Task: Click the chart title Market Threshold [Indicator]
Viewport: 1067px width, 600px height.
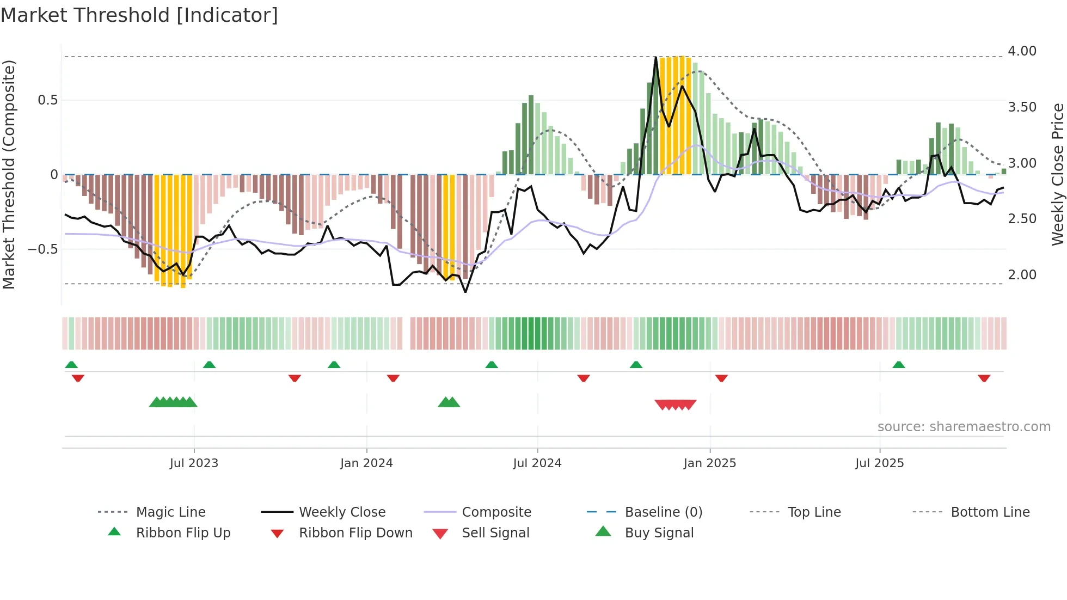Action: (x=139, y=15)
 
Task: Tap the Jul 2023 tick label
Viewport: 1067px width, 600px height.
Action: (x=194, y=463)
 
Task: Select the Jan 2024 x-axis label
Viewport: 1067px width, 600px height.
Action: (x=366, y=463)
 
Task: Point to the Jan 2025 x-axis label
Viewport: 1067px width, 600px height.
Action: (x=709, y=463)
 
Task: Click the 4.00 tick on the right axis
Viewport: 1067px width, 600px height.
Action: (x=1022, y=51)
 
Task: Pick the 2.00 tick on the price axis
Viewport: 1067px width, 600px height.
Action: (x=1022, y=275)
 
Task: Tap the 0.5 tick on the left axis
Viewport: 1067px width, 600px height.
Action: (x=47, y=100)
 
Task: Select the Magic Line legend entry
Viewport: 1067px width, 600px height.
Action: (x=170, y=512)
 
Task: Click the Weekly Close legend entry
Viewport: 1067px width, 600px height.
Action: (x=342, y=512)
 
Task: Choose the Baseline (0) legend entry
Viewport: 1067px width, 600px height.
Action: (x=663, y=512)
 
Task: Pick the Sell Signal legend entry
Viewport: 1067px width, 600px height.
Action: (x=495, y=533)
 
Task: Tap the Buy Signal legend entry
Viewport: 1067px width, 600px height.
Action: (x=659, y=533)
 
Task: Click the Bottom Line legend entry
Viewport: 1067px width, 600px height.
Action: (x=990, y=512)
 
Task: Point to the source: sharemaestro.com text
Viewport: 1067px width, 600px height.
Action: (x=964, y=427)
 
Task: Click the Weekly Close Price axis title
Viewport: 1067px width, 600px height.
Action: (x=1057, y=174)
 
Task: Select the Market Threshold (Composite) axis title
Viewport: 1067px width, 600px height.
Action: (x=9, y=174)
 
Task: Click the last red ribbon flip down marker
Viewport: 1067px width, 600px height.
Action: (x=984, y=378)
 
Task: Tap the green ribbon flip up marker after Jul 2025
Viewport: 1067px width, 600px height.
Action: (x=899, y=365)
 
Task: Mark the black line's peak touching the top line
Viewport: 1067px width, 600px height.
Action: (x=655, y=57)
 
